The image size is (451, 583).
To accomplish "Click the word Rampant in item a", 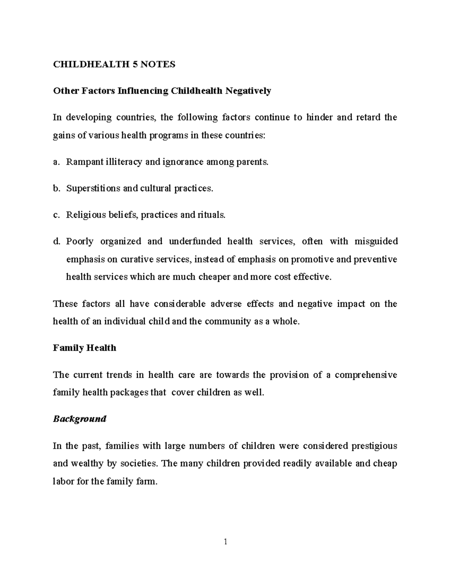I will tap(80, 162).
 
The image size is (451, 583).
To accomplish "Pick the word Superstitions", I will tap(93, 188).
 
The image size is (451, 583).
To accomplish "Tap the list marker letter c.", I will tap(56, 215).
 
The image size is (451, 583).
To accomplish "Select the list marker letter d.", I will tap(56, 241).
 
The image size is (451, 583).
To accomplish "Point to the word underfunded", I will tap(195, 241).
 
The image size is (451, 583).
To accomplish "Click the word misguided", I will tap(376, 241).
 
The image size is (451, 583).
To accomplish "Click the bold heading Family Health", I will tap(85, 348).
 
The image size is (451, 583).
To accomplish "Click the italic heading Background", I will tap(80, 419).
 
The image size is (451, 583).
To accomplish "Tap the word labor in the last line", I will tap(63, 481).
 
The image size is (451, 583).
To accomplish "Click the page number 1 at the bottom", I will tap(225, 542).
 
